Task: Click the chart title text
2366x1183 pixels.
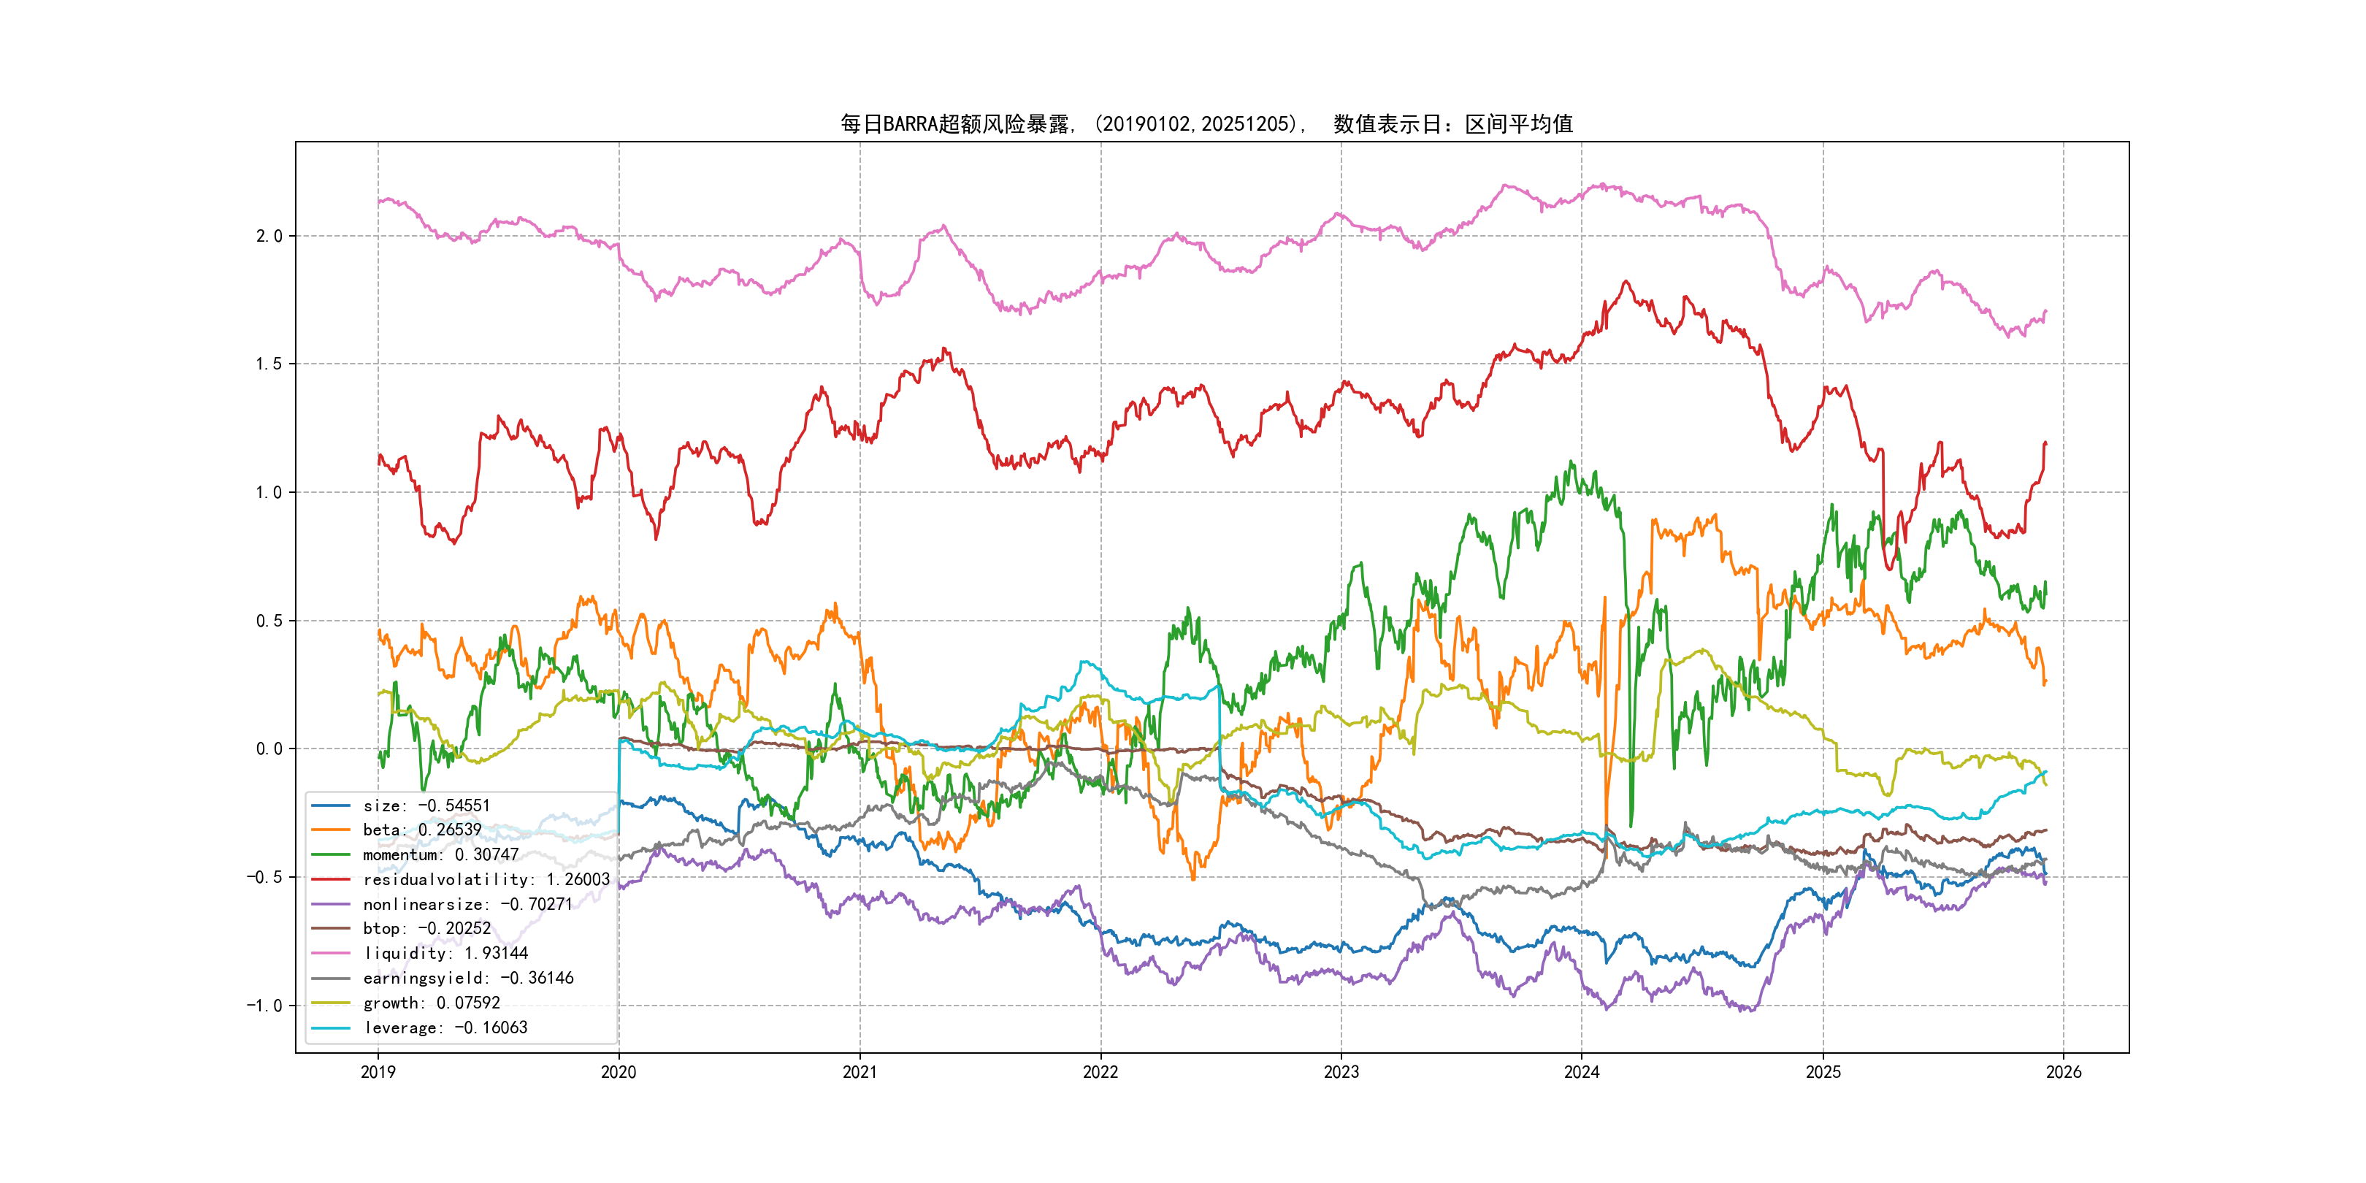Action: click(1206, 124)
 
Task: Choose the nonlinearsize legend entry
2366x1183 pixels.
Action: click(467, 905)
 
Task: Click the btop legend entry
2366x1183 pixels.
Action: click(426, 929)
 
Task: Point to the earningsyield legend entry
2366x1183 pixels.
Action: click(467, 979)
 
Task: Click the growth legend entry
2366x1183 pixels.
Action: click(431, 1003)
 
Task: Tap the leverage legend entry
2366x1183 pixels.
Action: click(445, 1027)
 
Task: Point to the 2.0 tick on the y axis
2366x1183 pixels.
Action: click(269, 236)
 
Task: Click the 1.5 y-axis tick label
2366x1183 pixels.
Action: click(269, 364)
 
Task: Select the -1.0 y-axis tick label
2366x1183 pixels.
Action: click(264, 1006)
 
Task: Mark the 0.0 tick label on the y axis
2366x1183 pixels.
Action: click(269, 749)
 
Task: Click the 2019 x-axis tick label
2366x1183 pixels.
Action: click(378, 1072)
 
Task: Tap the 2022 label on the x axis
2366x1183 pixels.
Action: click(1100, 1072)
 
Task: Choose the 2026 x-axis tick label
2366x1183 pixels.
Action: click(2064, 1072)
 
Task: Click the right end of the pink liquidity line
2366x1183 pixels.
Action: click(2045, 311)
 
